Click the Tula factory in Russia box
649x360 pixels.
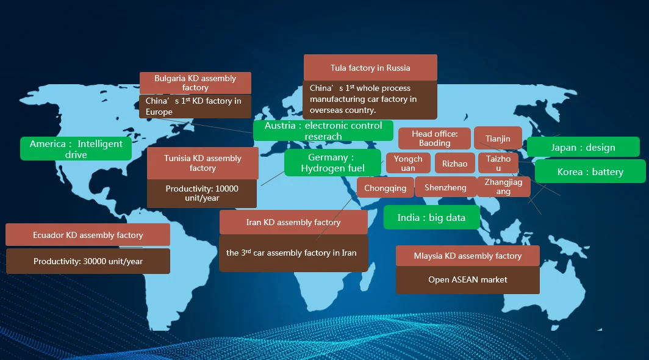coord(370,68)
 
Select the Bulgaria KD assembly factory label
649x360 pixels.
coord(195,83)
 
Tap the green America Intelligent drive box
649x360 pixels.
coord(76,149)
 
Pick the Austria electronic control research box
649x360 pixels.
coord(323,131)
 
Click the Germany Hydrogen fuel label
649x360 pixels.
coord(332,163)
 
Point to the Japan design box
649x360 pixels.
coord(583,147)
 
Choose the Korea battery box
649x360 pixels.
coord(590,171)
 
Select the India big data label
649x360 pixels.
coord(431,218)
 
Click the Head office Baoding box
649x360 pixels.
coord(434,139)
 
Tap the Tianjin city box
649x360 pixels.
coord(498,139)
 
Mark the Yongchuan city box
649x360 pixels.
coord(408,164)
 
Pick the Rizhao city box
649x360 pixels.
coord(454,164)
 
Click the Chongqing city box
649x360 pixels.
coord(385,188)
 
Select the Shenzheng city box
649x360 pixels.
coord(445,188)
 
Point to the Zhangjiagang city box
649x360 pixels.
coord(503,187)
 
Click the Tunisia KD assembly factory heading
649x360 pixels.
coord(203,163)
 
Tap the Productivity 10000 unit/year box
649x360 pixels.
coord(202,193)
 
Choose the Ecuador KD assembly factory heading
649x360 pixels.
coord(88,235)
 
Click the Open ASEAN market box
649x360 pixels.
coord(467,279)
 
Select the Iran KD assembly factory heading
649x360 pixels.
coord(293,222)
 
